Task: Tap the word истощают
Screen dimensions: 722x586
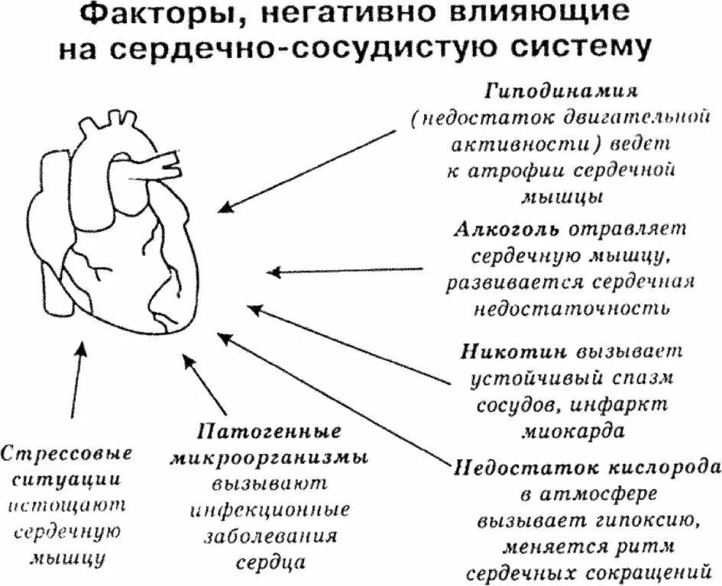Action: click(67, 507)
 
